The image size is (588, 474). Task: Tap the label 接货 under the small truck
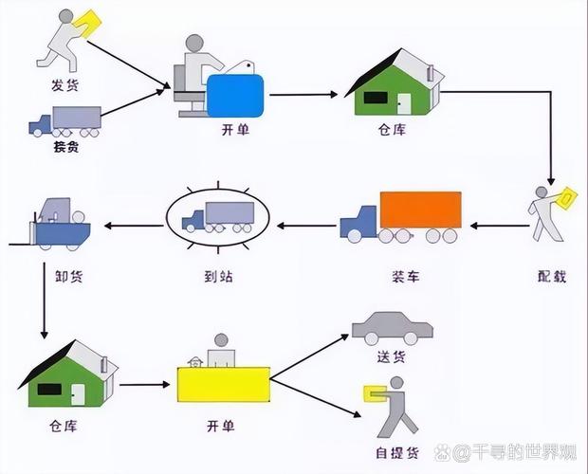[65, 149]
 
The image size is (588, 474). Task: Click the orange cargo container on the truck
[419, 210]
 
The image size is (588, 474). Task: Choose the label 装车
[405, 276]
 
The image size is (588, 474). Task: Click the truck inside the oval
[218, 216]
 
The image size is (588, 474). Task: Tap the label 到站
[219, 276]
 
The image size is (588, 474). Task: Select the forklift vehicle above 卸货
[59, 224]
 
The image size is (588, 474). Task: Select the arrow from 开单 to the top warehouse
[304, 95]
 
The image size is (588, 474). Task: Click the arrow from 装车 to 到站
[305, 226]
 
